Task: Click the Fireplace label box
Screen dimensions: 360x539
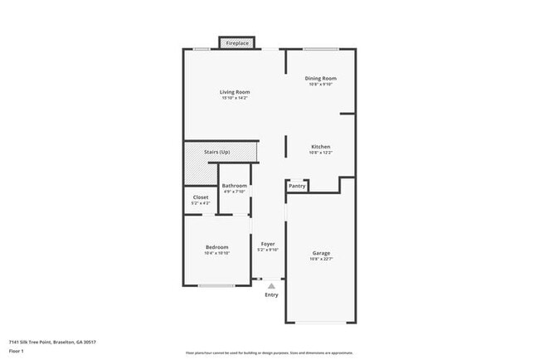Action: coord(237,42)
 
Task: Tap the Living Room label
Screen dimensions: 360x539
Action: coord(235,91)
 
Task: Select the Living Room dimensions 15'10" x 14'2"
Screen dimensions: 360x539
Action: coord(235,98)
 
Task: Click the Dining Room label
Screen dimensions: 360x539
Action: coord(322,78)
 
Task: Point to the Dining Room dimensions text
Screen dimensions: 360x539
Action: coord(322,84)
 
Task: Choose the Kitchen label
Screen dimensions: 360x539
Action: coord(321,147)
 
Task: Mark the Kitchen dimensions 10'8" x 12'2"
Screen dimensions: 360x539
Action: coord(321,153)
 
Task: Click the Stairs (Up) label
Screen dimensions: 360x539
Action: coord(217,152)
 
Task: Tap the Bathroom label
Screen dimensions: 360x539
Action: coord(234,186)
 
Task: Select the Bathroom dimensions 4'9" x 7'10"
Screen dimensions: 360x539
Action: coord(234,192)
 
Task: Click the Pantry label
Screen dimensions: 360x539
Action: coord(297,186)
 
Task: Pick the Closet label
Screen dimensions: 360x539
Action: coord(201,197)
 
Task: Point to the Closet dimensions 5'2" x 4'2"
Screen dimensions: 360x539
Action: coord(201,203)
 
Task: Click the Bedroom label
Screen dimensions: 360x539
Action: coord(217,247)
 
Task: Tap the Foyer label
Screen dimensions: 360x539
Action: coord(268,244)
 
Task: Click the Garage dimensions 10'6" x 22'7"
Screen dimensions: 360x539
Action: coord(322,259)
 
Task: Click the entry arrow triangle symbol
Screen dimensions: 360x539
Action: coord(270,285)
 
